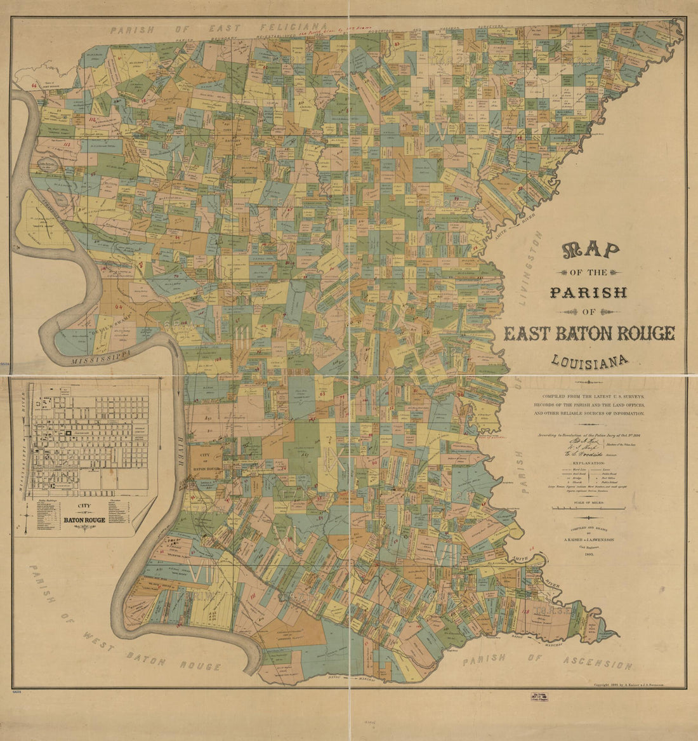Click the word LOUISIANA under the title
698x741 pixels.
pyautogui.click(x=589, y=361)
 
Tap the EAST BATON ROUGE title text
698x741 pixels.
pyautogui.click(x=589, y=333)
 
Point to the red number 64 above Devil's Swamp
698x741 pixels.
pyautogui.click(x=119, y=305)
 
